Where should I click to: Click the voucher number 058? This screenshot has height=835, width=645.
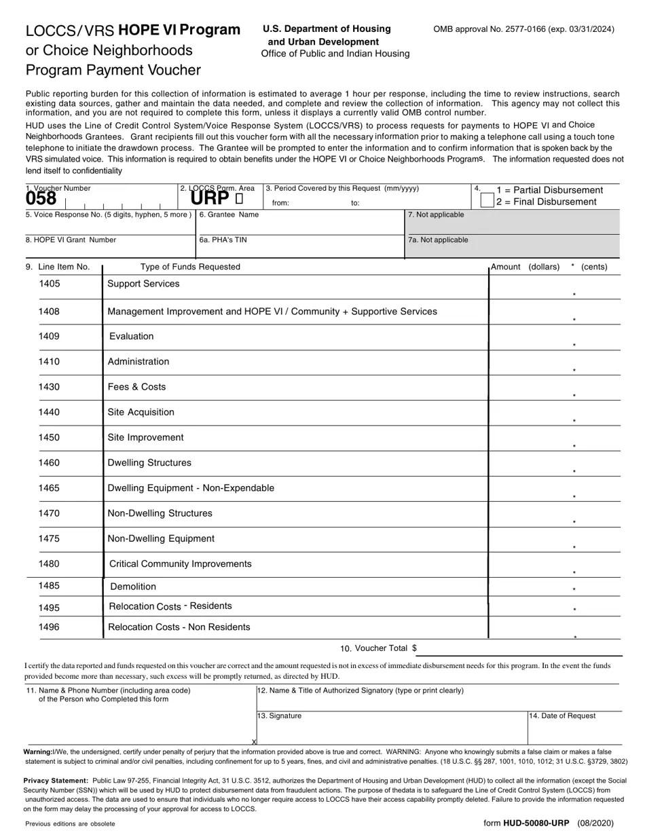(x=41, y=198)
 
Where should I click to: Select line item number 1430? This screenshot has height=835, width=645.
(x=49, y=387)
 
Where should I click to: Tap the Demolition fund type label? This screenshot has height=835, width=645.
(x=133, y=587)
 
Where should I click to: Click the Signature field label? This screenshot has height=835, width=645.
(x=279, y=716)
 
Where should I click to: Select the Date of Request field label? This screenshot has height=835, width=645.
(x=562, y=716)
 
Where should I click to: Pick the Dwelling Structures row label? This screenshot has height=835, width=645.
(x=149, y=463)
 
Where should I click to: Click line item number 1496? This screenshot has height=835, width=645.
(x=49, y=627)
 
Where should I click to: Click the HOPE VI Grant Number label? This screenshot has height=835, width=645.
(x=71, y=240)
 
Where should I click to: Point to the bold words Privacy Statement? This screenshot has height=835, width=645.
(x=56, y=781)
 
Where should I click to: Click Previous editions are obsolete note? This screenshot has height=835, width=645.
(x=70, y=823)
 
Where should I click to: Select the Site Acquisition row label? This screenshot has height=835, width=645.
(x=141, y=412)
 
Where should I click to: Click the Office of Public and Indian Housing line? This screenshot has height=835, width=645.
(x=335, y=54)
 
